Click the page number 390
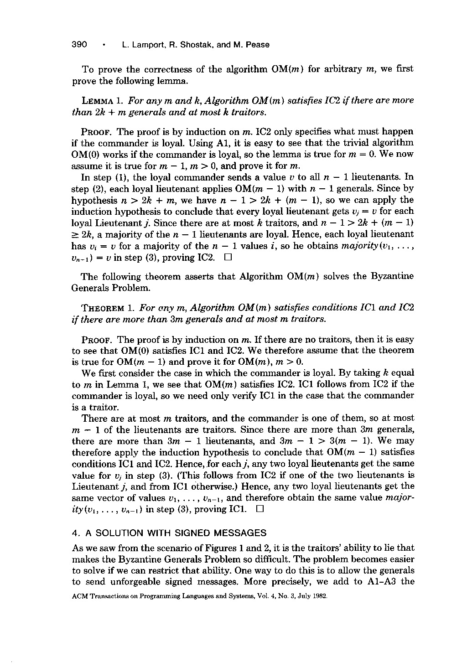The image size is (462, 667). pyautogui.click(x=79, y=45)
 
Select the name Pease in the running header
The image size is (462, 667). pyautogui.click(x=258, y=45)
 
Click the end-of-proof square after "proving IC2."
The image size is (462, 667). pyautogui.click(x=228, y=258)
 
